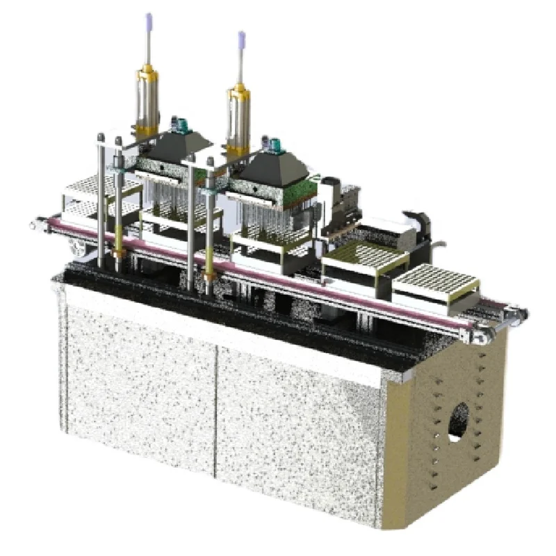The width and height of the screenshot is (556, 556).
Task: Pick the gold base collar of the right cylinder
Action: pos(238,150)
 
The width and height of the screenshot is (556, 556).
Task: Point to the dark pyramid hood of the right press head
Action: pos(273,167)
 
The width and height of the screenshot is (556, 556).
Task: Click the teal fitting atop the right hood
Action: pos(275,145)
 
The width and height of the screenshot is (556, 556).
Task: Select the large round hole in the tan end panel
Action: pos(459,420)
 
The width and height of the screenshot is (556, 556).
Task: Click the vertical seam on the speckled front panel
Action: pos(216,410)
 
